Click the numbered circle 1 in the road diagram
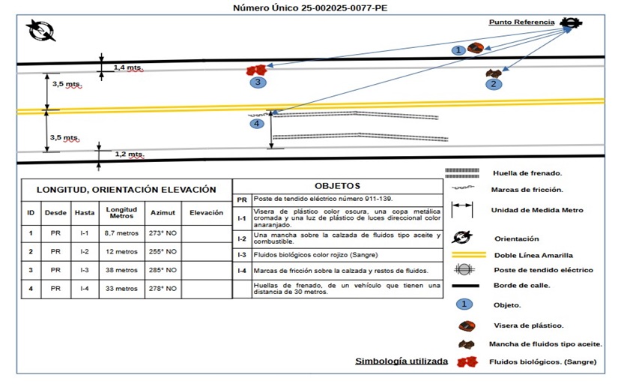tap(458, 49)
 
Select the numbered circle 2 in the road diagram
tap(492, 85)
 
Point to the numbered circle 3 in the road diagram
tap(257, 82)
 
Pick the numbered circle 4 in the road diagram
tap(257, 123)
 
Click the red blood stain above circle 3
tap(255, 70)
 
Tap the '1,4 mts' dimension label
tap(127, 67)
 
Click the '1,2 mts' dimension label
tap(128, 154)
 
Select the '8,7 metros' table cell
tap(120, 232)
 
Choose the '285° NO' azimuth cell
tap(163, 269)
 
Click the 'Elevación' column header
tap(206, 213)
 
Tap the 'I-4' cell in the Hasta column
tap(84, 288)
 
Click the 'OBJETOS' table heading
tap(338, 186)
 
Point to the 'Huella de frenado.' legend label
tap(527, 172)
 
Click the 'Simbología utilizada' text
tap(402, 361)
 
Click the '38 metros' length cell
tap(120, 269)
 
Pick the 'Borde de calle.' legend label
tap(522, 286)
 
